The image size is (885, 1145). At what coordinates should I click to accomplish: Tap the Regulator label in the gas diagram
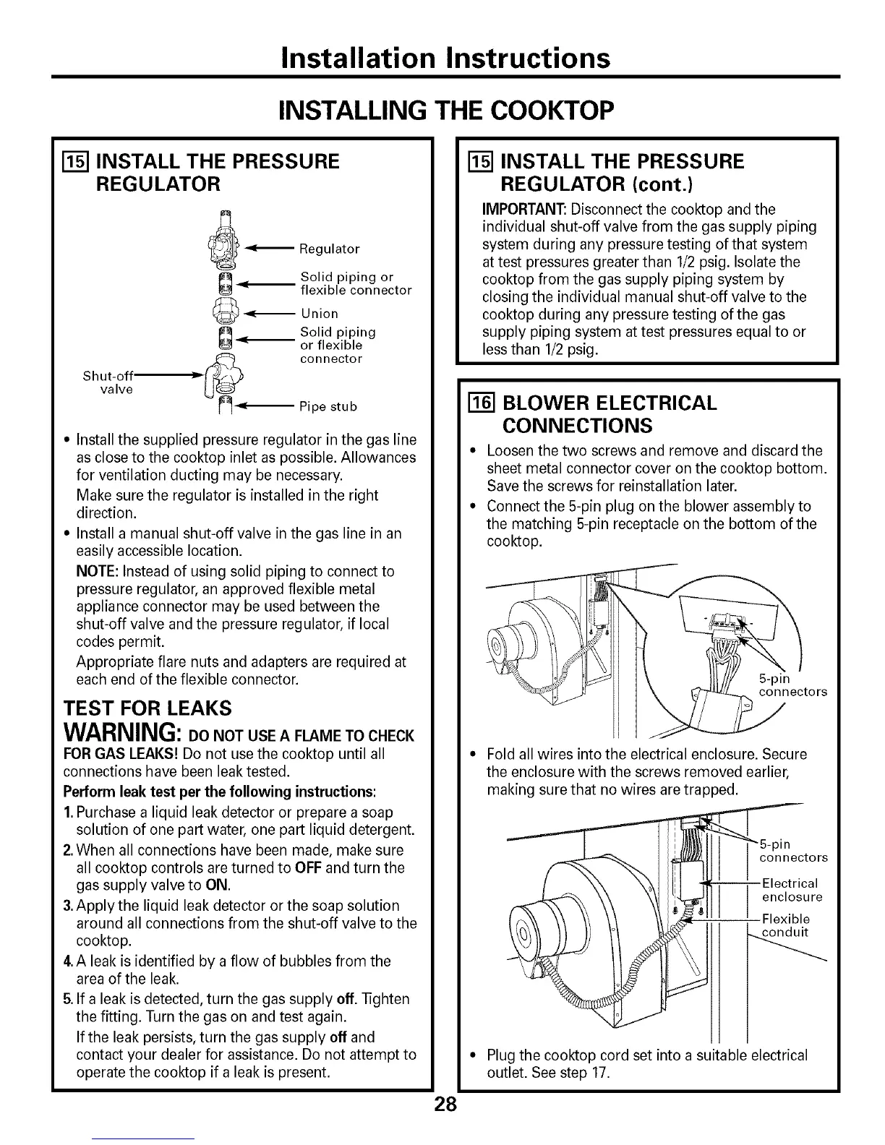pos(330,249)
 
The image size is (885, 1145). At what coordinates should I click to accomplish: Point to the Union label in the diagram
pos(320,314)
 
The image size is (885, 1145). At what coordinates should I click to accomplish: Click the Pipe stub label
pos(328,406)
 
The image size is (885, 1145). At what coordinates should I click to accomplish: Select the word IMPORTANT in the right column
pos(524,210)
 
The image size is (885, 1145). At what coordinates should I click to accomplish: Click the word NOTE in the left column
pos(93,571)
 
